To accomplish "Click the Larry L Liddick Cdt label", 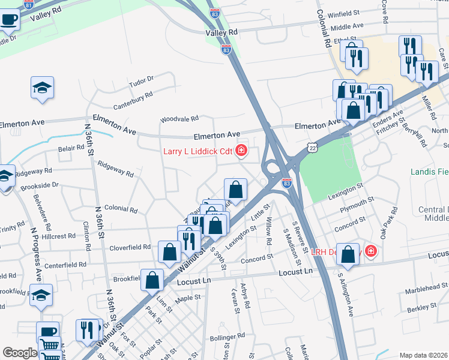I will click(197, 151).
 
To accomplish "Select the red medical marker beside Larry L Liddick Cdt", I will click(241, 150).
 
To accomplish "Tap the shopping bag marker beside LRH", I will click(348, 254).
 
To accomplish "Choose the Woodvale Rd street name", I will click(179, 119).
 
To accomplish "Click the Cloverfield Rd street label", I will click(130, 247).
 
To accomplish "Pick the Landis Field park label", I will click(429, 172).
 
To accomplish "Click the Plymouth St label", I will click(358, 202).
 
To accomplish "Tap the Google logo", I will click(20, 353).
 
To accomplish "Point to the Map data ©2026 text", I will click(423, 355).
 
